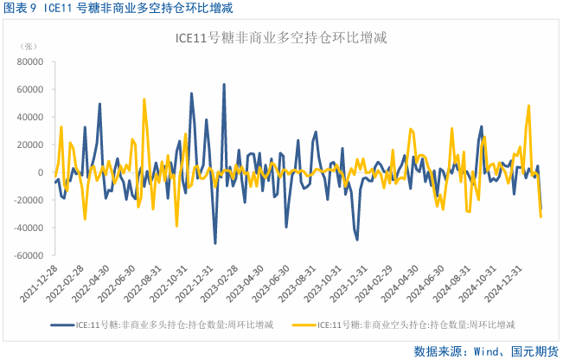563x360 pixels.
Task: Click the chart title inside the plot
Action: click(280, 38)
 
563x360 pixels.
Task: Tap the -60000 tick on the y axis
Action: click(29, 256)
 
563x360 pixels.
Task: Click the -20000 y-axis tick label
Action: click(29, 201)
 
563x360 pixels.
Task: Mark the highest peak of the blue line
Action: click(224, 85)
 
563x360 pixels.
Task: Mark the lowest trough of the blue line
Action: click(215, 243)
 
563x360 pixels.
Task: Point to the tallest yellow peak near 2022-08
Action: click(144, 99)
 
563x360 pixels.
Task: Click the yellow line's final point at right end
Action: click(541, 216)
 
